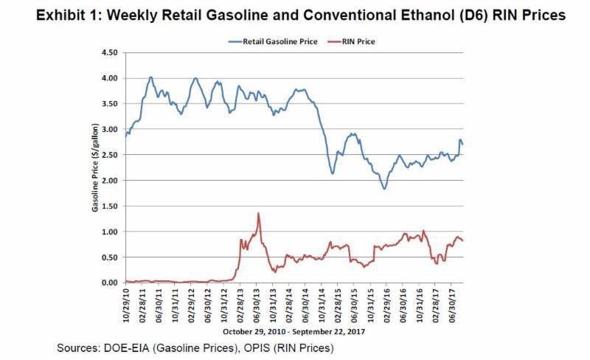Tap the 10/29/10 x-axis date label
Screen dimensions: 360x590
coord(127,304)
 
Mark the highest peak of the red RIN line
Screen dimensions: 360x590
coord(258,214)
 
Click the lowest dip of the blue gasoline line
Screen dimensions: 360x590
coord(384,189)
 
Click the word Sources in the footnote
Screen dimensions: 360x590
coord(78,347)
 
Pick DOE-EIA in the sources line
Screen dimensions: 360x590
coord(131,347)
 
